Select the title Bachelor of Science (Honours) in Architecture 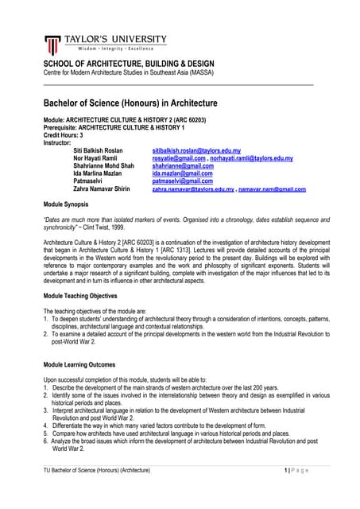pyautogui.click(x=130, y=103)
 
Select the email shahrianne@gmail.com pyautogui.click(x=182, y=166)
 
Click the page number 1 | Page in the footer pyautogui.click(x=300, y=472)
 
